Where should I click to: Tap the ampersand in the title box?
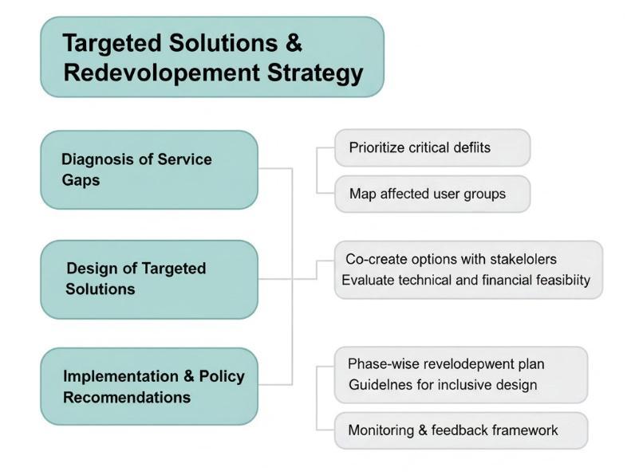[x=293, y=43]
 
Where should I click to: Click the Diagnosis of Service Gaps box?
[x=149, y=170]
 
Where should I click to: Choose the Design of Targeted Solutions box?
[x=149, y=279]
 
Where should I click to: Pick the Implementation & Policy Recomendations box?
[x=149, y=387]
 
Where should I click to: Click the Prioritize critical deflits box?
[x=432, y=147]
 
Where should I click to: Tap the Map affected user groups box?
[x=432, y=194]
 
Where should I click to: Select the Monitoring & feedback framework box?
[x=460, y=430]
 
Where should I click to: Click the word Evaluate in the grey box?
[x=369, y=281]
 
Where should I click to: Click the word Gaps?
[x=81, y=180]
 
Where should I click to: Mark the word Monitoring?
[x=380, y=430]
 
